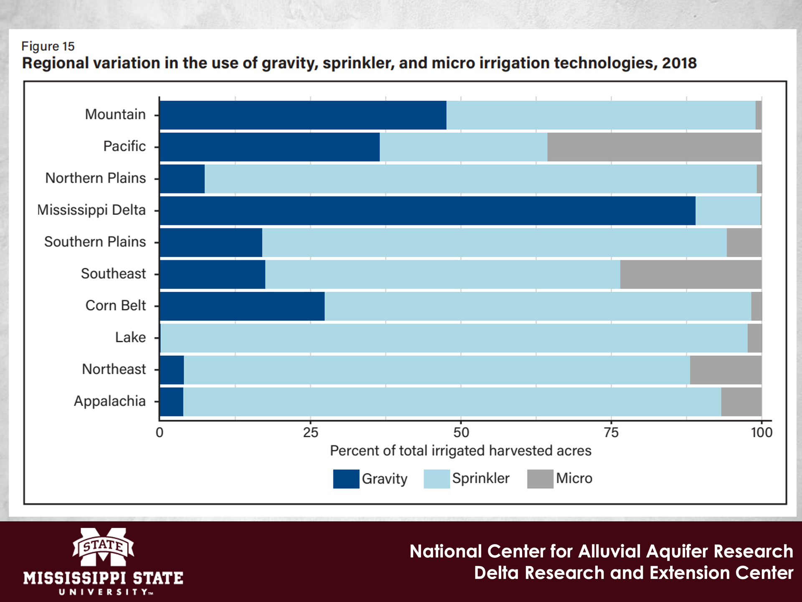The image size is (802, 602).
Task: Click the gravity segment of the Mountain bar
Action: coord(303,115)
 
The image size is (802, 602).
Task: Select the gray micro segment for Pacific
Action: coord(654,147)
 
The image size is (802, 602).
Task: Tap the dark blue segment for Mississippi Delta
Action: coord(427,211)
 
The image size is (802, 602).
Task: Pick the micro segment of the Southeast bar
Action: coord(690,274)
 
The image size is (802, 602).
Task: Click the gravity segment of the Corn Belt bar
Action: coord(242,306)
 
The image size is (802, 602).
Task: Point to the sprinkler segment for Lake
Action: coord(454,338)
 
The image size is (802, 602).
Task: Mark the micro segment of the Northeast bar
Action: coord(726,370)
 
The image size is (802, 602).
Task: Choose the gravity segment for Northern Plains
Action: coord(182,179)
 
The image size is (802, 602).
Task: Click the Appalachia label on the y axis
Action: coord(110,401)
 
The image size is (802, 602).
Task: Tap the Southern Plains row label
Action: coord(95,242)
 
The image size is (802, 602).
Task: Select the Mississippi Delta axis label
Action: coord(91,210)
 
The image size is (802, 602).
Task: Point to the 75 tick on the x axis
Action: coord(611,432)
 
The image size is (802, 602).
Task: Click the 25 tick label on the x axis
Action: coord(310,432)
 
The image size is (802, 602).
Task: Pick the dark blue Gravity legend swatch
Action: coord(346,479)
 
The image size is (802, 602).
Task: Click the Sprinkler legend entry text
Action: coord(481,478)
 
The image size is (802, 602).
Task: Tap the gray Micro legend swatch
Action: coord(540,479)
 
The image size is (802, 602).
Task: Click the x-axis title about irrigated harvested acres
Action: coord(460,451)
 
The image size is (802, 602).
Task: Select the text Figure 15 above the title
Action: coord(48,46)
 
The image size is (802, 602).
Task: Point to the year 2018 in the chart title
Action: coord(679,63)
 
